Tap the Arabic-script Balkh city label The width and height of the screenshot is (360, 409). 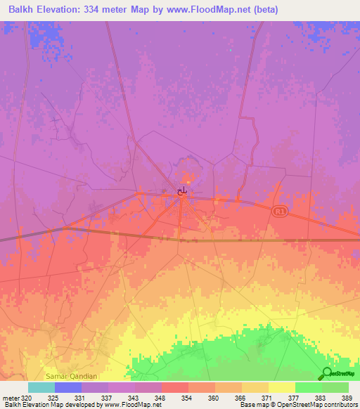pyautogui.click(x=182, y=190)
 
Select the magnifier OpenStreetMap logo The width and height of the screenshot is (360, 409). pyautogui.click(x=328, y=375)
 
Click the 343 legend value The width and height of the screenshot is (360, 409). pyautogui.click(x=129, y=397)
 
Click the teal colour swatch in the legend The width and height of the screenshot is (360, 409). pyautogui.click(x=41, y=387)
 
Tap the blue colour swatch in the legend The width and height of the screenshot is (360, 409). pyautogui.click(x=68, y=387)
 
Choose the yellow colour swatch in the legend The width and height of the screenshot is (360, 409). pyautogui.click(x=282, y=387)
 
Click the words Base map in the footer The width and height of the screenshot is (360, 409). pyautogui.click(x=250, y=405)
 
